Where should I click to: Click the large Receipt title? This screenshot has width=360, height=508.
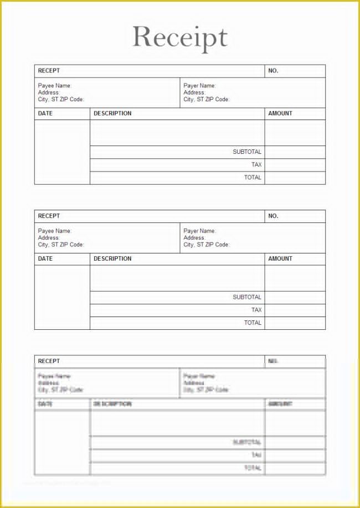coord(180,37)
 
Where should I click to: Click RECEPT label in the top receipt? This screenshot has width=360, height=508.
coord(49,71)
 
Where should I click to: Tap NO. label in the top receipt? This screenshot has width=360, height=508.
coord(273,71)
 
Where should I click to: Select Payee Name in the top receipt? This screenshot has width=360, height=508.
coord(55,86)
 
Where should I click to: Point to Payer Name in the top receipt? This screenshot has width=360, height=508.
coord(200,86)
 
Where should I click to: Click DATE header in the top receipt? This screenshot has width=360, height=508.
coord(45,113)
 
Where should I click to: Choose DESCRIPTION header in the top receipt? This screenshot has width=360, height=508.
coord(112,113)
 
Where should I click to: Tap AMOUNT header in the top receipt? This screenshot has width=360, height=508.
coord(280,113)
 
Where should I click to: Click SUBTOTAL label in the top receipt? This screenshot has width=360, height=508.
coord(247,152)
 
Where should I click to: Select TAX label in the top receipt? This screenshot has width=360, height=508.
coord(256,164)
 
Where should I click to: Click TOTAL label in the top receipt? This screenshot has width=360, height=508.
coord(253,178)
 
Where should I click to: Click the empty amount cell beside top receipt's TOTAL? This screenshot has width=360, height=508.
coord(295,178)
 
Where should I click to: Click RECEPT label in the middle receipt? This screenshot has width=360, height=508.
coord(49,216)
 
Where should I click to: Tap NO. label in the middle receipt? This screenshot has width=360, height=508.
coord(273,216)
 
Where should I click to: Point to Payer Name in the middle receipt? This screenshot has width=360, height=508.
coord(200,231)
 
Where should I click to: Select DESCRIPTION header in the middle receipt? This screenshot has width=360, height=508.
coord(112,258)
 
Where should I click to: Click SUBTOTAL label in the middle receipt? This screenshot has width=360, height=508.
coord(247,297)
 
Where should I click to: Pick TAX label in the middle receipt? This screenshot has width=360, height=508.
coord(256,310)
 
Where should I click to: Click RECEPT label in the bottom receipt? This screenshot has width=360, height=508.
coord(49,361)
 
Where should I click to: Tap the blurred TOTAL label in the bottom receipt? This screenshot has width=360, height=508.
coord(253,468)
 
